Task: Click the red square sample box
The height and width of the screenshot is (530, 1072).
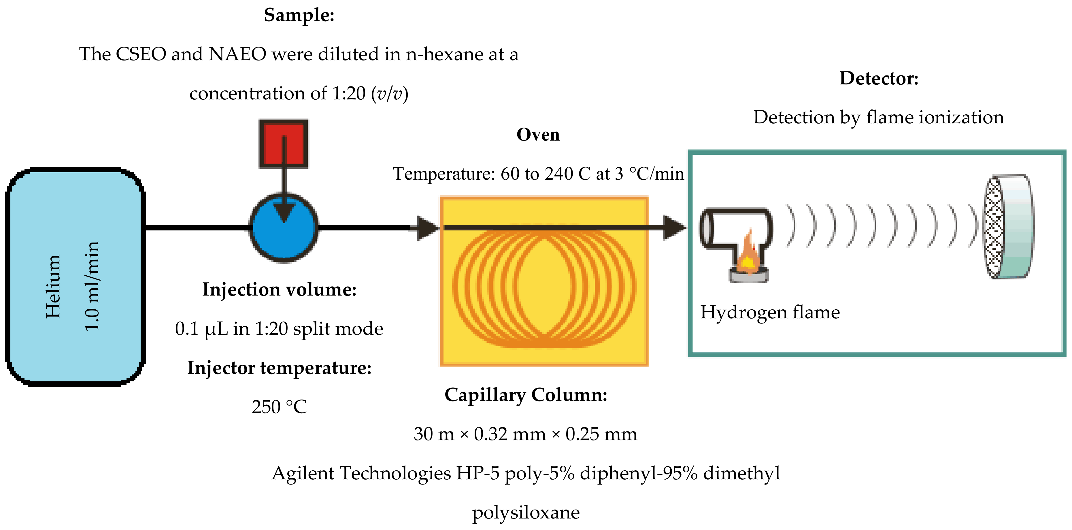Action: (283, 143)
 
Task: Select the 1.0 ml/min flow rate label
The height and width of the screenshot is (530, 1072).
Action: (92, 286)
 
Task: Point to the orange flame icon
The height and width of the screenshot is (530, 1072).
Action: (748, 255)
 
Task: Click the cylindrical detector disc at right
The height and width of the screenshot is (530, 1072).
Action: (1009, 226)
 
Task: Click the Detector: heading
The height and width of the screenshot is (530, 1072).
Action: (878, 78)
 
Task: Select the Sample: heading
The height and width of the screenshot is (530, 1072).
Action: (299, 15)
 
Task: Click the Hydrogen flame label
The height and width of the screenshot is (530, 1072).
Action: (770, 312)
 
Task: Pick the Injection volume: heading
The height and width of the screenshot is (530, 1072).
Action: (279, 289)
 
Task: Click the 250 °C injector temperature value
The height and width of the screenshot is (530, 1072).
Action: (279, 407)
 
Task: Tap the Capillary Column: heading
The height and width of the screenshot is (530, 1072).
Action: (526, 395)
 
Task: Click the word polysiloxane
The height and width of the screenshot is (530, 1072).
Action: (526, 512)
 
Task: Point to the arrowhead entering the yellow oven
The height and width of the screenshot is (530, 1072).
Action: (426, 228)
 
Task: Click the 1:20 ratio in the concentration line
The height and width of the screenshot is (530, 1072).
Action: (348, 93)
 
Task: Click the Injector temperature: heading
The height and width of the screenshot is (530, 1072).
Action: (279, 368)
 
